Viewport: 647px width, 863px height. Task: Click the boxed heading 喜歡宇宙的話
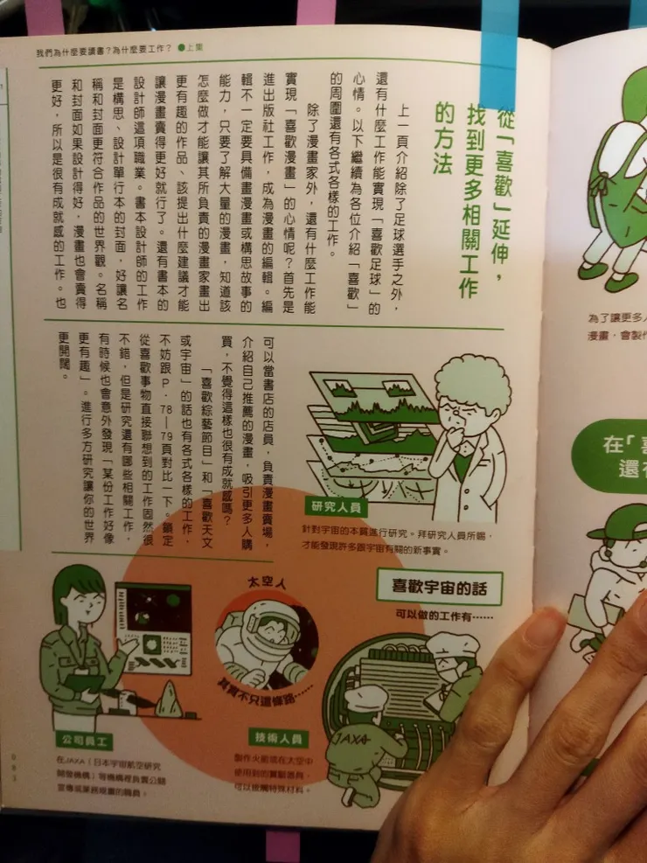point(440,586)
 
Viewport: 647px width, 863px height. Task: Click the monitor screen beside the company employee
point(154,621)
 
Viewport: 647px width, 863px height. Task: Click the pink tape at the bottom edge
point(282,846)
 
